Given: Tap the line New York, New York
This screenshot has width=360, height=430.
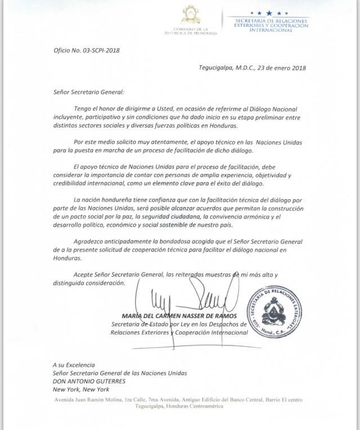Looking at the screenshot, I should (x=80, y=389).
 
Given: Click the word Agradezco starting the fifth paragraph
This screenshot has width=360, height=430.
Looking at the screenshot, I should (x=93, y=240).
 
